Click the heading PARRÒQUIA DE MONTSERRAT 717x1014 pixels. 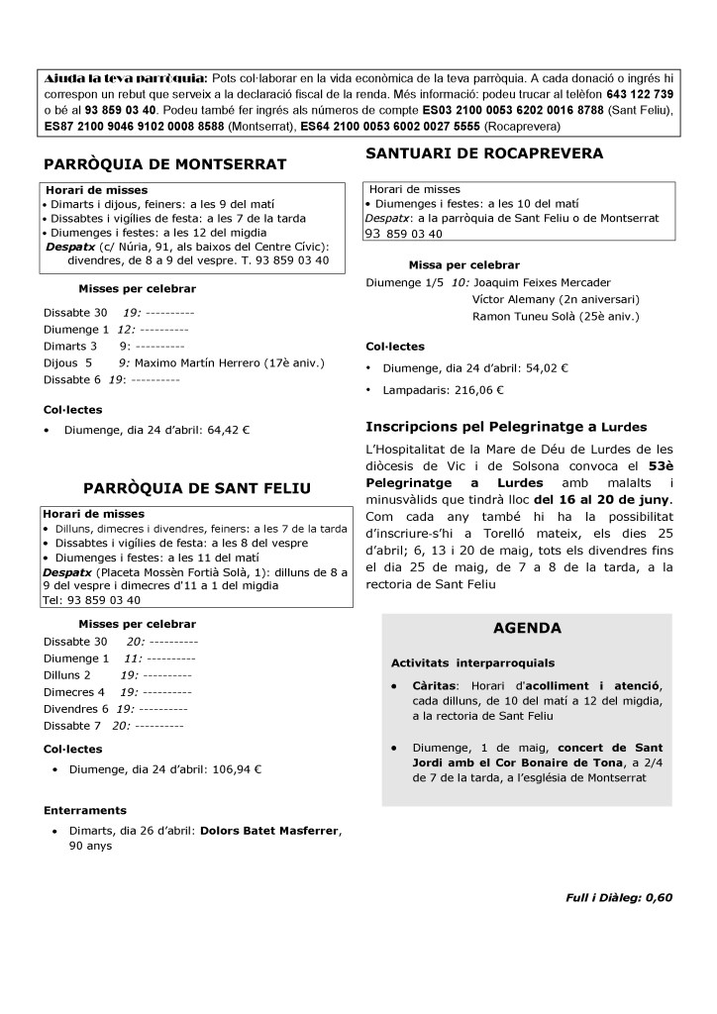165,163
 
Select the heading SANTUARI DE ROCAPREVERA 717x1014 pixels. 484,152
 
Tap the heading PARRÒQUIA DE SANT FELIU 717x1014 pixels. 197,487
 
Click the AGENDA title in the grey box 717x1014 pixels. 527,628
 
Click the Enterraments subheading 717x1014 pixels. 85,810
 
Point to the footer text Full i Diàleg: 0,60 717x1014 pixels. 619,897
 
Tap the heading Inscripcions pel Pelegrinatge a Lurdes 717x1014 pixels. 506,427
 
